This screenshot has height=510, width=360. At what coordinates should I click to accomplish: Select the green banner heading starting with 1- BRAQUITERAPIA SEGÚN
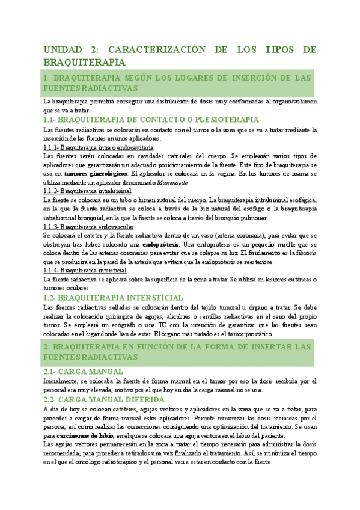click(177, 83)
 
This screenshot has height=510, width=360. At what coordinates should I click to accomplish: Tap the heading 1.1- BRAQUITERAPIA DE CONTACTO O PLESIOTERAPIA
click(151, 120)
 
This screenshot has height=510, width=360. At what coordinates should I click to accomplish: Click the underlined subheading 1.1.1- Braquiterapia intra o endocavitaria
click(99, 147)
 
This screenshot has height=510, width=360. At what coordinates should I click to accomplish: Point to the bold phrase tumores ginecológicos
click(94, 173)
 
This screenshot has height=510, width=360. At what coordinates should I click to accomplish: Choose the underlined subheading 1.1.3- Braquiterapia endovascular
click(89, 226)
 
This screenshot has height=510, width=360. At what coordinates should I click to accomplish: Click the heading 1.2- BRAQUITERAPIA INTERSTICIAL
click(113, 298)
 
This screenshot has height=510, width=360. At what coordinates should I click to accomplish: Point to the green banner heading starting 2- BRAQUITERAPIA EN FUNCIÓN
click(177, 352)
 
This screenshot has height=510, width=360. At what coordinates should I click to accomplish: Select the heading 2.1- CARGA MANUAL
click(84, 371)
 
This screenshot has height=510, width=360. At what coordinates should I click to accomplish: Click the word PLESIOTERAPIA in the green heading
click(224, 120)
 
